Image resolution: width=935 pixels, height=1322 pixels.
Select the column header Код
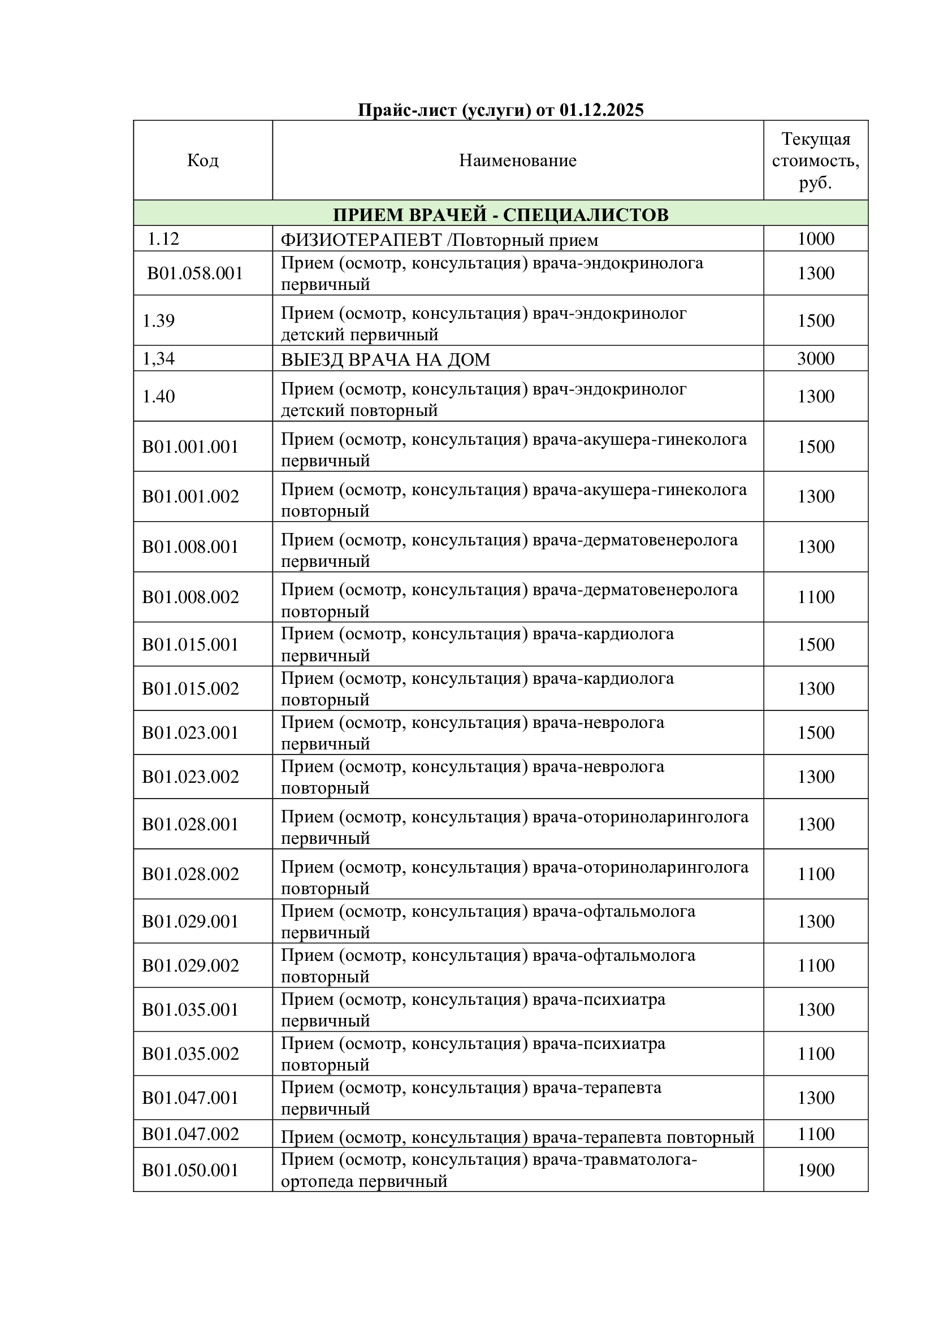(x=203, y=160)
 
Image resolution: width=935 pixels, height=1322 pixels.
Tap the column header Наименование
(x=518, y=160)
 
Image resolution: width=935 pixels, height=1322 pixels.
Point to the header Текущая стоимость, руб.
(x=815, y=161)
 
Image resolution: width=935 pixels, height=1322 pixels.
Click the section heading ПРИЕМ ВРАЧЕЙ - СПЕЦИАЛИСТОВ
(x=500, y=214)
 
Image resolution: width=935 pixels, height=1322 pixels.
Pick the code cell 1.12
(x=163, y=239)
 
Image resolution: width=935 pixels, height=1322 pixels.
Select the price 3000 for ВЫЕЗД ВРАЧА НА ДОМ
(x=815, y=359)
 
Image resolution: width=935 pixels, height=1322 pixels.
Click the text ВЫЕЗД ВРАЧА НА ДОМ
(x=385, y=360)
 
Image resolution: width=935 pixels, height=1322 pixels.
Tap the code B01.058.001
(x=195, y=273)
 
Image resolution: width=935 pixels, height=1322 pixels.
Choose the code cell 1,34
(x=158, y=359)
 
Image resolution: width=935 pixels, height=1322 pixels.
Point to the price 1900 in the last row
(x=815, y=1169)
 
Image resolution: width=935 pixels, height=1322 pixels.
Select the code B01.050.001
(x=190, y=1169)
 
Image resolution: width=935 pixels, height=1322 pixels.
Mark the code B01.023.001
(x=190, y=732)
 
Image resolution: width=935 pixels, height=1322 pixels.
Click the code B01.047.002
(x=190, y=1134)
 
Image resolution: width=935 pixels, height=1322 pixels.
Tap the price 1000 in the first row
(x=815, y=239)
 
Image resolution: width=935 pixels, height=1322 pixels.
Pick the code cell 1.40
(x=158, y=396)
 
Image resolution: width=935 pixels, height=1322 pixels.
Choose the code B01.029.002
(x=190, y=965)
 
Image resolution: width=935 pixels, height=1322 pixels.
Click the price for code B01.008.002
(x=815, y=596)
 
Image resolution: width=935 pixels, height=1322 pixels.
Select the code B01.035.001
(x=190, y=1009)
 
